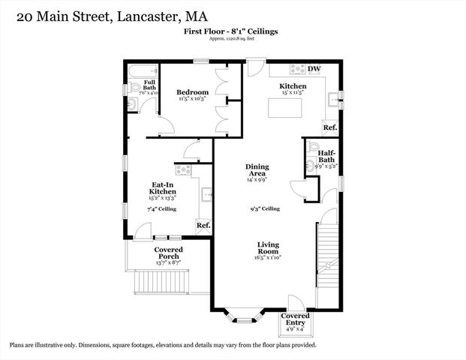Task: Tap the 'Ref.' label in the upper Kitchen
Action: [x=330, y=127]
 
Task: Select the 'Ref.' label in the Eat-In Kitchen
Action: [x=203, y=225]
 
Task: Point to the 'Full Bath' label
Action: [x=149, y=85]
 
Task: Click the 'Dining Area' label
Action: [x=257, y=170]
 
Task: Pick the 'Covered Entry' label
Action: [x=296, y=319]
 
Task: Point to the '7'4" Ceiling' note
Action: [x=161, y=209]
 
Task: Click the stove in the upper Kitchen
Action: [x=297, y=69]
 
